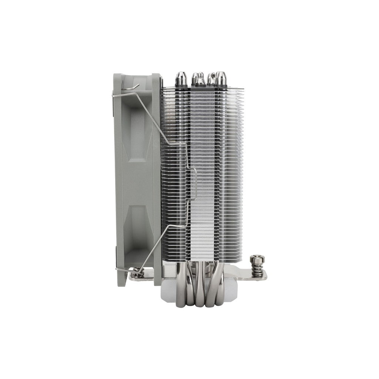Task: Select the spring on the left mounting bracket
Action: pyautogui.click(x=137, y=272)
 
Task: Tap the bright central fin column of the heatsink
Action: pyautogui.click(x=202, y=167)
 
